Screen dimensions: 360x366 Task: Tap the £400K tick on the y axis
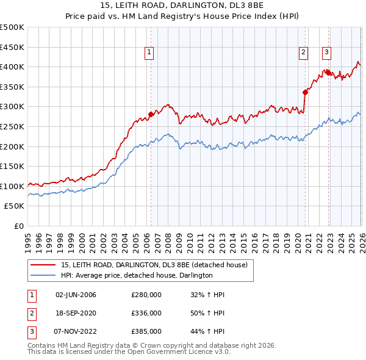point(12,67)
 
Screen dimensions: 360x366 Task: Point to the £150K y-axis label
point(12,167)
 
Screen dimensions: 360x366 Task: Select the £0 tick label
point(18,226)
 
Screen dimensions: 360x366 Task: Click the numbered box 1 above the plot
point(150,53)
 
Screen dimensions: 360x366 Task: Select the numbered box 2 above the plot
point(303,53)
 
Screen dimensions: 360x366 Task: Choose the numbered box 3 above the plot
point(327,53)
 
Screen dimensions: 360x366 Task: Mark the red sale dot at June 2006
point(151,114)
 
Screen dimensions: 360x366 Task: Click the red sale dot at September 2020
point(304,92)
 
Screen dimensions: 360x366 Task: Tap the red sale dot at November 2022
point(328,73)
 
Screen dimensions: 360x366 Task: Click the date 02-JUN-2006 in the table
point(76,295)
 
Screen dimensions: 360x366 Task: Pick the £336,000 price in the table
point(146,313)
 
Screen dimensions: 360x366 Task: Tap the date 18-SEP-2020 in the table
point(76,313)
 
